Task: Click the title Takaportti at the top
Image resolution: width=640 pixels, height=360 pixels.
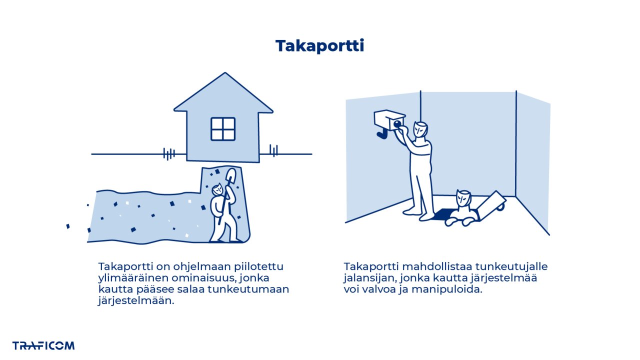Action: point(319,46)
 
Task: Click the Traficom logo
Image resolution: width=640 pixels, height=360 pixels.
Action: point(43,345)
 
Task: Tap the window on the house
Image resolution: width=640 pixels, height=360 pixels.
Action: point(223,129)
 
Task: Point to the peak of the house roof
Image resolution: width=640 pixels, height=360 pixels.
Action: point(224,74)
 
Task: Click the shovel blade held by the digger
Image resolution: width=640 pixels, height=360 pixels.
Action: point(230,176)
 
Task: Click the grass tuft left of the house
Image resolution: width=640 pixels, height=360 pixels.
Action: point(169,153)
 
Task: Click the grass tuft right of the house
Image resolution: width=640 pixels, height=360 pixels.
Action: point(273,150)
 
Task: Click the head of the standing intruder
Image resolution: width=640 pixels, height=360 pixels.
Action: point(421,130)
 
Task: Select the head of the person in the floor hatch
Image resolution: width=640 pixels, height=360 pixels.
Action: point(463,199)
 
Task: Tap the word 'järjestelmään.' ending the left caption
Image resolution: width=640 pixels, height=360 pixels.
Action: point(136,301)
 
